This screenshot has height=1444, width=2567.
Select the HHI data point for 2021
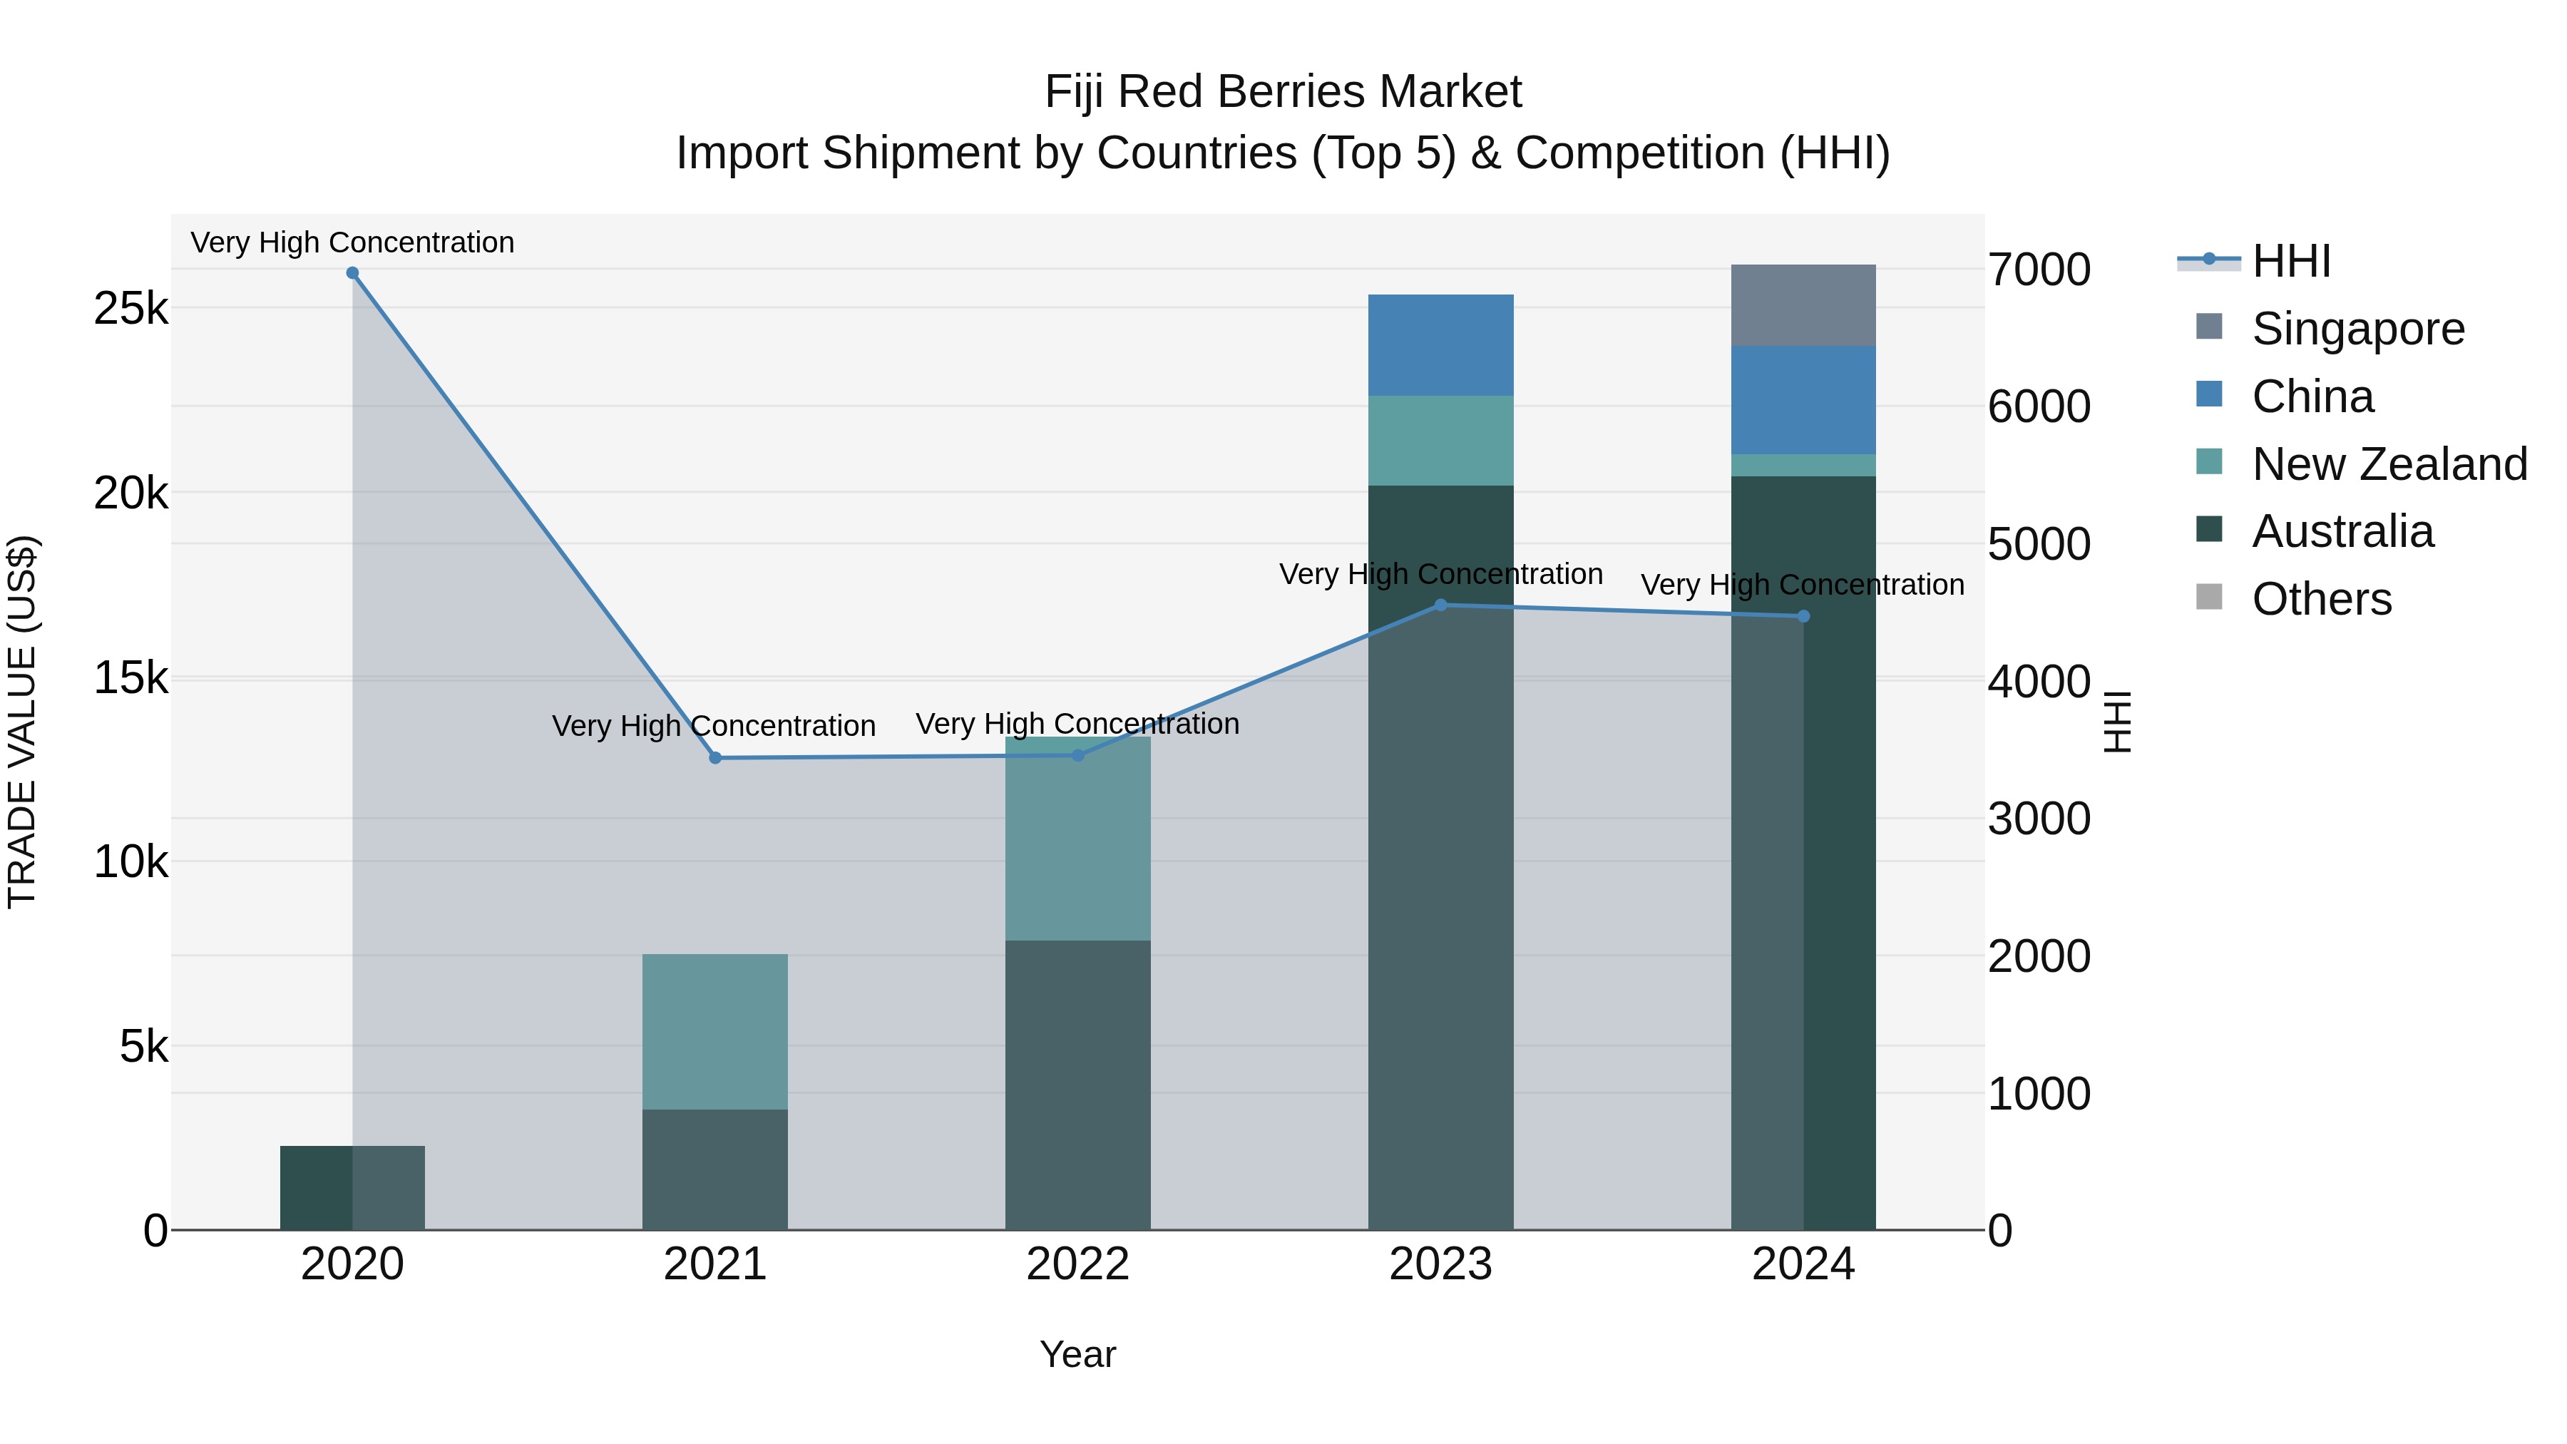pyautogui.click(x=714, y=759)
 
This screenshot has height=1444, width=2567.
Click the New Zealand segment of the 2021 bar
pyautogui.click(x=714, y=1031)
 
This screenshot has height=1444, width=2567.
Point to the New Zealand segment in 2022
pyautogui.click(x=1077, y=838)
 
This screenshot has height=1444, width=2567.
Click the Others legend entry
pyautogui.click(x=2321, y=599)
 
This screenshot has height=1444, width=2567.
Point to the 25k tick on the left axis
pyautogui.click(x=130, y=309)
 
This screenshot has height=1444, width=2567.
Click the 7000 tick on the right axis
pyautogui.click(x=2039, y=270)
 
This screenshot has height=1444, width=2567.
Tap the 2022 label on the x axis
pyautogui.click(x=1077, y=1264)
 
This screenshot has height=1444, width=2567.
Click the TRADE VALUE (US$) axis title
pyautogui.click(x=22, y=722)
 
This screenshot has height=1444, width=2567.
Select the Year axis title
pyautogui.click(x=1077, y=1354)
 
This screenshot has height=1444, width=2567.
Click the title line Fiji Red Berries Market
pyautogui.click(x=1283, y=92)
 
